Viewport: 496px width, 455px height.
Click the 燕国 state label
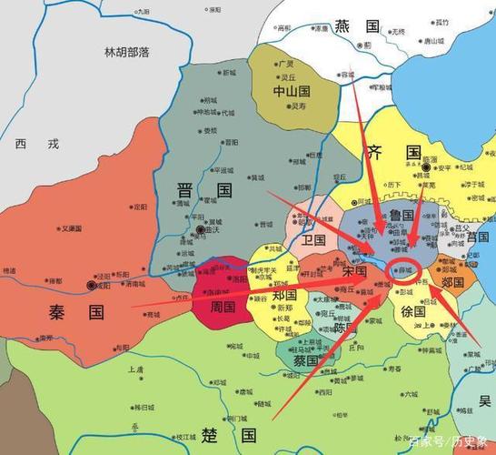pyautogui.click(x=356, y=25)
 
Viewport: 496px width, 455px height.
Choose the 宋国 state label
pyautogui.click(x=354, y=270)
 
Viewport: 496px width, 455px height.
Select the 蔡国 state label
pyautogui.click(x=306, y=360)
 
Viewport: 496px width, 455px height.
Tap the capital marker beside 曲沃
pyautogui.click(x=200, y=231)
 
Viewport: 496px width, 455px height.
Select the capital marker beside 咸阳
pyautogui.click(x=91, y=285)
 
